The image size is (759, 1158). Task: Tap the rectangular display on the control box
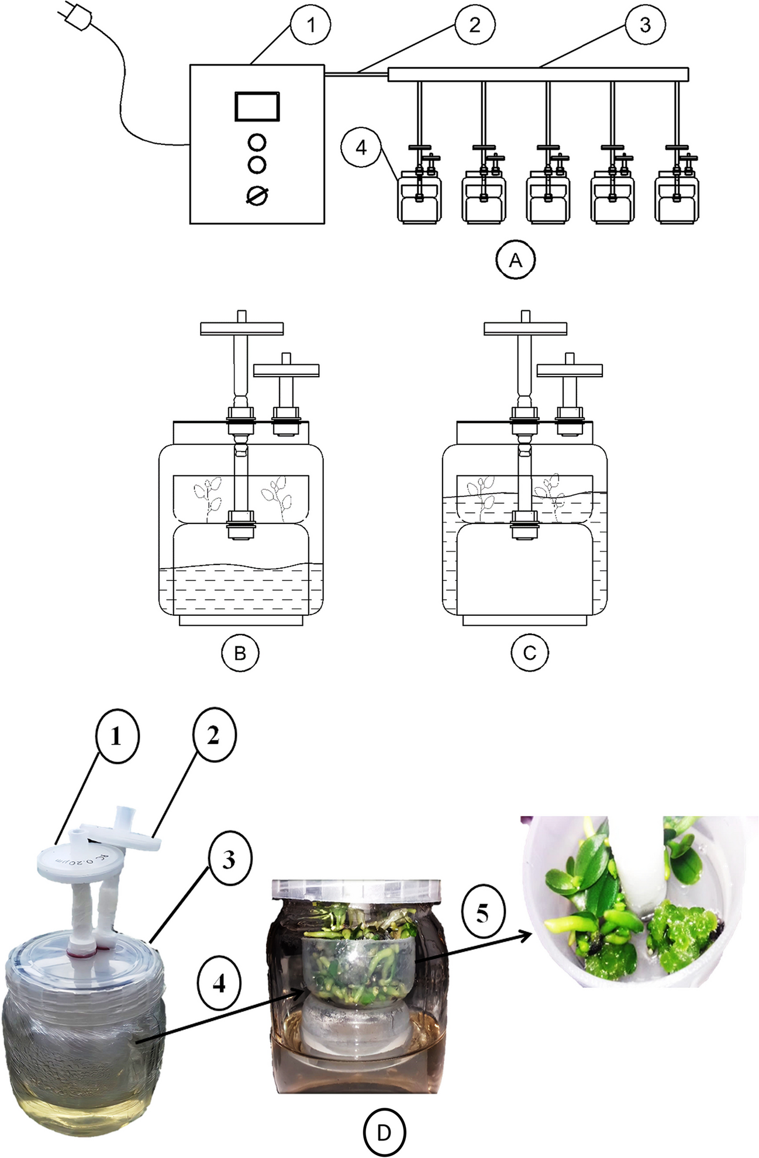click(257, 106)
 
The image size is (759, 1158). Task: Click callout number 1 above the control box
click(311, 25)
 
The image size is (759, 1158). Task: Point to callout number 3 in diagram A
click(645, 25)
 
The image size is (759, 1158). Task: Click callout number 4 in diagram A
click(361, 147)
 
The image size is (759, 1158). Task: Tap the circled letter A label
click(515, 260)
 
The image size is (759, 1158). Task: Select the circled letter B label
click(240, 653)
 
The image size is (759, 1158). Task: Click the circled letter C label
click(530, 653)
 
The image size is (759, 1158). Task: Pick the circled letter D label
click(384, 1133)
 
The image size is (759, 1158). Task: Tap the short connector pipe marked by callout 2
click(356, 74)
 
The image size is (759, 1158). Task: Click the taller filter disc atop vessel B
click(241, 329)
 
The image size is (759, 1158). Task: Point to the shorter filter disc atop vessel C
click(570, 370)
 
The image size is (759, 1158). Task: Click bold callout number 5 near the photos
click(482, 912)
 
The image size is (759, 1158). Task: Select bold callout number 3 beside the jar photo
click(229, 859)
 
